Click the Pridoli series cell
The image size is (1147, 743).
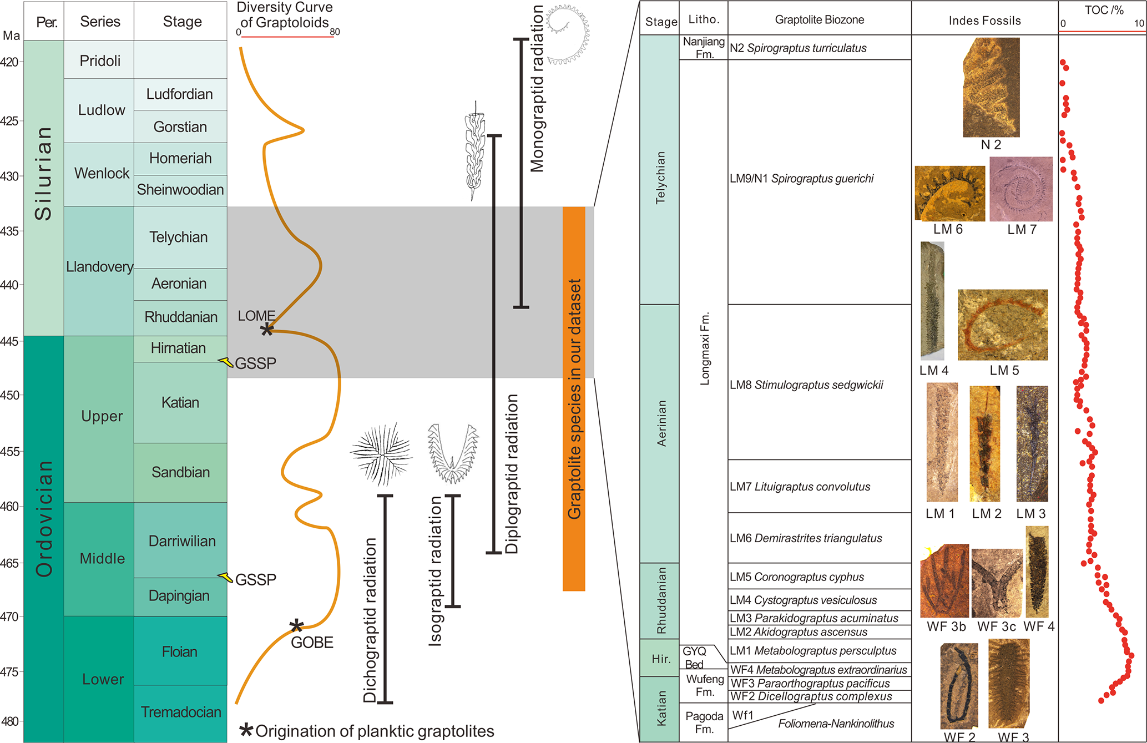(x=99, y=60)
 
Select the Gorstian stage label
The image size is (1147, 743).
(x=180, y=127)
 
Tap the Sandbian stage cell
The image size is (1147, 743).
(x=180, y=472)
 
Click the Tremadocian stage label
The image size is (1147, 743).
(x=180, y=712)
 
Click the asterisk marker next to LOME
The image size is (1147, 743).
(x=267, y=330)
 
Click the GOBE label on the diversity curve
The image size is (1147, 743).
(x=312, y=643)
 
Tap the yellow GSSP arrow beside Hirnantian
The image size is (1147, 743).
(x=225, y=362)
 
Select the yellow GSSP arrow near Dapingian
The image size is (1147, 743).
(x=225, y=578)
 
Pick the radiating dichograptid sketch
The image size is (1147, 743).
(x=382, y=453)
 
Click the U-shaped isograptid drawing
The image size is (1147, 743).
(x=453, y=453)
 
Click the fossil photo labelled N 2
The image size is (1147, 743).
(x=991, y=87)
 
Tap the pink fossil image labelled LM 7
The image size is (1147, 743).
(x=1021, y=189)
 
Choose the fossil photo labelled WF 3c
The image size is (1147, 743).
(x=997, y=583)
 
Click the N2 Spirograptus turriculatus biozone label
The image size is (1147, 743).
(x=798, y=48)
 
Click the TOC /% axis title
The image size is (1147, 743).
(x=1104, y=10)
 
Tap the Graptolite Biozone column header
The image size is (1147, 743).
(x=819, y=20)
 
